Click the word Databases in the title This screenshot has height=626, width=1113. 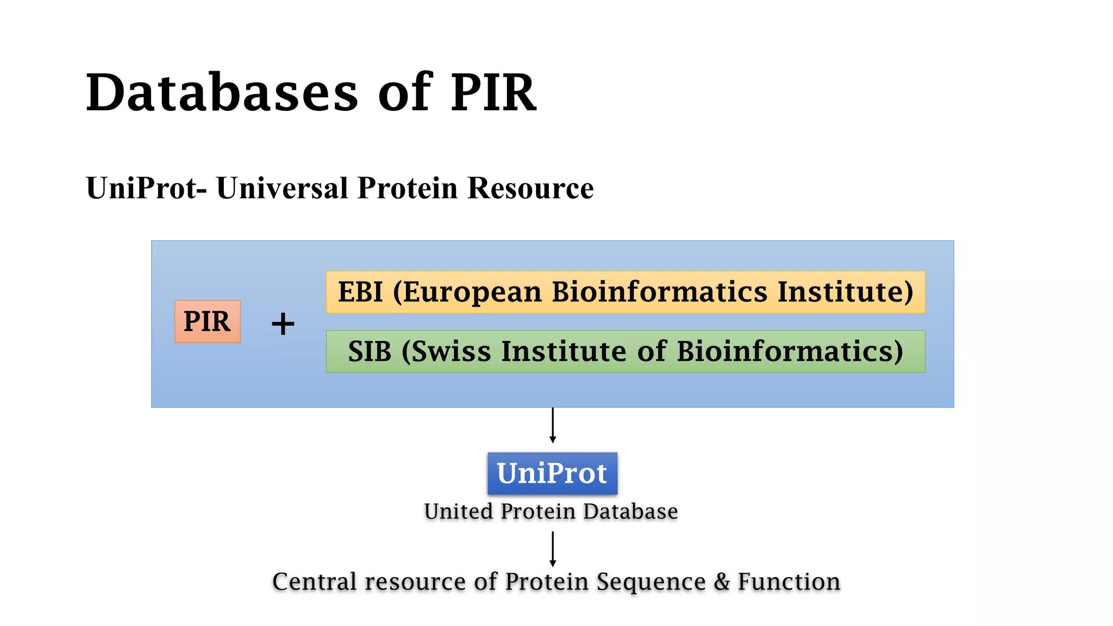tap(222, 93)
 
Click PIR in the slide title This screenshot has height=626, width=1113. tap(493, 93)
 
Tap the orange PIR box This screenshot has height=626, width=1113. tap(207, 321)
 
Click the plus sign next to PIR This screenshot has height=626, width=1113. tap(283, 324)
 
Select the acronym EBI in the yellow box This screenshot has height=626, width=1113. tap(360, 292)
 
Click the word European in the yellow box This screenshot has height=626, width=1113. tap(472, 292)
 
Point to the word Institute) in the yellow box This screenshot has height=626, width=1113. tap(845, 292)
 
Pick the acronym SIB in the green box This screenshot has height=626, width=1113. tap(370, 352)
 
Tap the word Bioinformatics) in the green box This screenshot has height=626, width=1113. tap(790, 352)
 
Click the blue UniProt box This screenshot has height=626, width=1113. tap(552, 473)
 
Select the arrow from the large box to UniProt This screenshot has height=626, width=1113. tap(553, 425)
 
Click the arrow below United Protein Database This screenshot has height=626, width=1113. tap(553, 549)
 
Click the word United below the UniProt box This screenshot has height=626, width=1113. tap(459, 512)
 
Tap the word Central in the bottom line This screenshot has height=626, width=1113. tap(314, 582)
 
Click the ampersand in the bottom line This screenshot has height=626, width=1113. tap(722, 582)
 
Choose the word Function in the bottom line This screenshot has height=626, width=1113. tap(789, 582)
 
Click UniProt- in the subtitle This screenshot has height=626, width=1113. tap(146, 189)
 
